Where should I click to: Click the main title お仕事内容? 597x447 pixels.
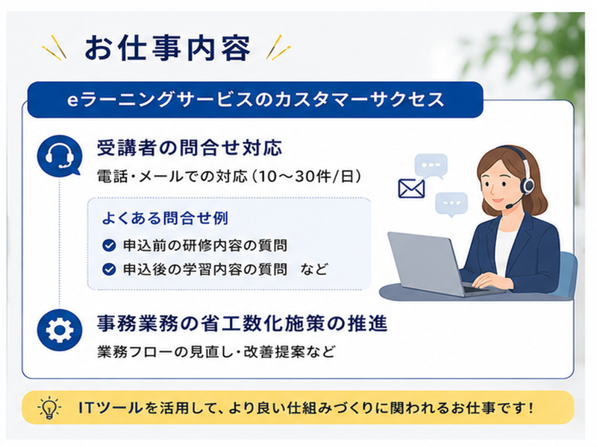[x=167, y=48]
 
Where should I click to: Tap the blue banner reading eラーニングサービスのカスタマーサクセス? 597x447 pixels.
[x=255, y=99]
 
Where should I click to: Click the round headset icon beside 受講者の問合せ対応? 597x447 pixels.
[x=60, y=156]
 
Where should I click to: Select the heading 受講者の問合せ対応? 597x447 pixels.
[x=190, y=148]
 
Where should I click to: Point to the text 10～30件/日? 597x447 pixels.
[x=306, y=177]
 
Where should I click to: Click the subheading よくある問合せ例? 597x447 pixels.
[x=165, y=218]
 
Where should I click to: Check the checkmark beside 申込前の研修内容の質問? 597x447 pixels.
[x=109, y=246]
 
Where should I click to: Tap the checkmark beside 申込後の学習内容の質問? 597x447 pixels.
[x=109, y=270]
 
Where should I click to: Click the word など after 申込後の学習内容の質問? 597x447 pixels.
[x=313, y=270]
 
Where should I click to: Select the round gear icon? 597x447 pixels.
[x=60, y=330]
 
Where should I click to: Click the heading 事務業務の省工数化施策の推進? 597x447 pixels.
[x=242, y=323]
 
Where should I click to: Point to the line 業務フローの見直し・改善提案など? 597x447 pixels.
[x=216, y=352]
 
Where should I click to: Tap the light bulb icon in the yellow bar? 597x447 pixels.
[x=49, y=408]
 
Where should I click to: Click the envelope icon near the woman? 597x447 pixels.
[x=411, y=188]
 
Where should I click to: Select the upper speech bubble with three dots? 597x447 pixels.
[x=431, y=166]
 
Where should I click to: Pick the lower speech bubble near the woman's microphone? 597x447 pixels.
[x=451, y=204]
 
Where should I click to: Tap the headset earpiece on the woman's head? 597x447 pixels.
[x=528, y=185]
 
